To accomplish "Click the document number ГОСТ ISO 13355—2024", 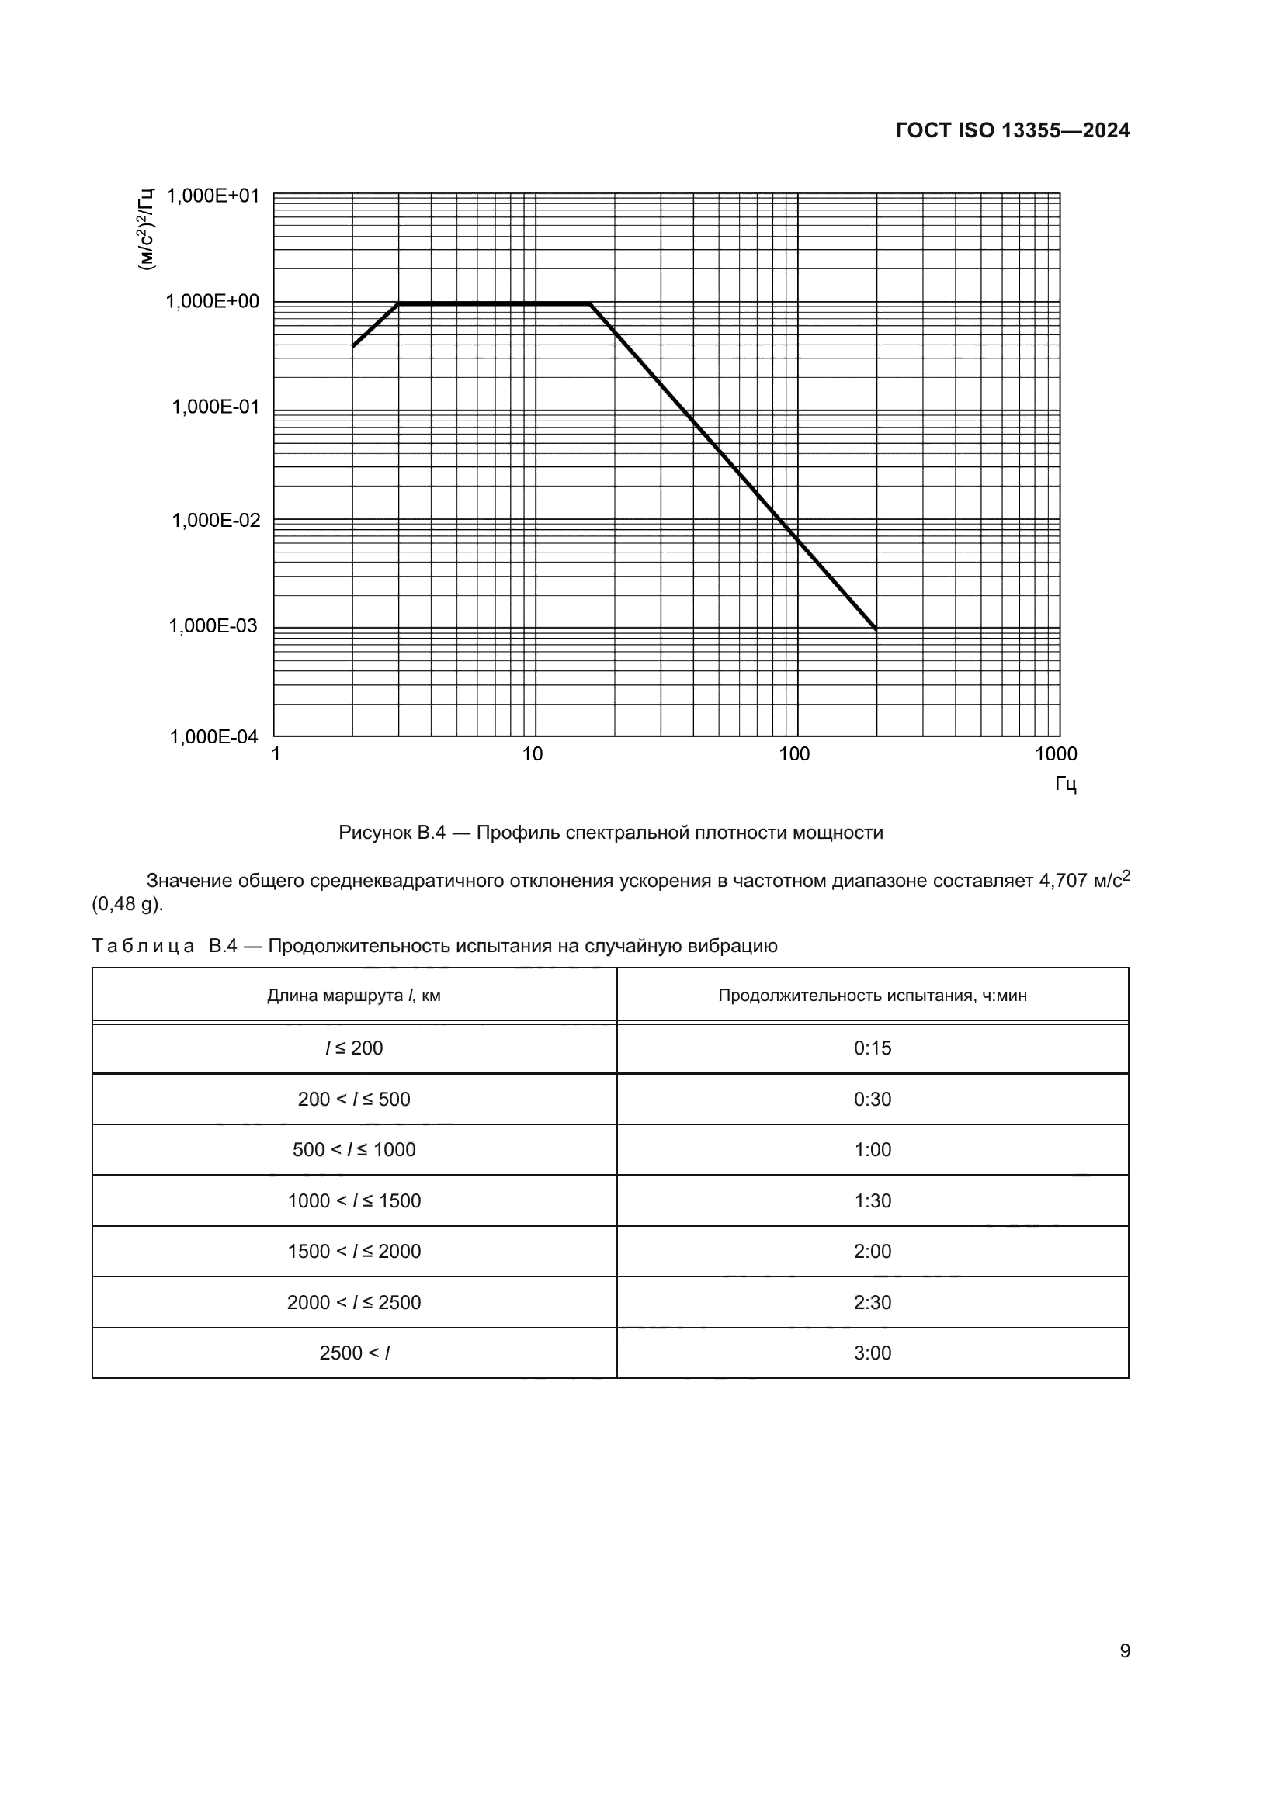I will (1012, 131).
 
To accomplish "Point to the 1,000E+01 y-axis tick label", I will (213, 196).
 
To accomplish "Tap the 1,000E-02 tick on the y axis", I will (216, 520).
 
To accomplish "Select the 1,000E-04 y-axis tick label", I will (214, 737).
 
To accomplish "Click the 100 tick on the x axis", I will (794, 754).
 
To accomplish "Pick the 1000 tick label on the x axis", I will (1056, 754).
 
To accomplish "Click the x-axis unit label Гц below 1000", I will (1065, 785).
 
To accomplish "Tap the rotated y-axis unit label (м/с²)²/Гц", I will (147, 228).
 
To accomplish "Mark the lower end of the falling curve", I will (875, 629).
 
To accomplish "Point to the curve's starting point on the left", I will (353, 346).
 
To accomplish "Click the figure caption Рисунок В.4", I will (610, 833).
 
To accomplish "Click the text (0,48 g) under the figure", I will (127, 904).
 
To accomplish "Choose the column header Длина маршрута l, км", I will (353, 996).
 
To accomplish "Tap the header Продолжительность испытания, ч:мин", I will (872, 996).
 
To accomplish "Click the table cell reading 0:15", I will (872, 1048).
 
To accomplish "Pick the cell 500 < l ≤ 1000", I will (353, 1150).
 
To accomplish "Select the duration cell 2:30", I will (872, 1303).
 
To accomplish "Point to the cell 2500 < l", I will (353, 1353).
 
